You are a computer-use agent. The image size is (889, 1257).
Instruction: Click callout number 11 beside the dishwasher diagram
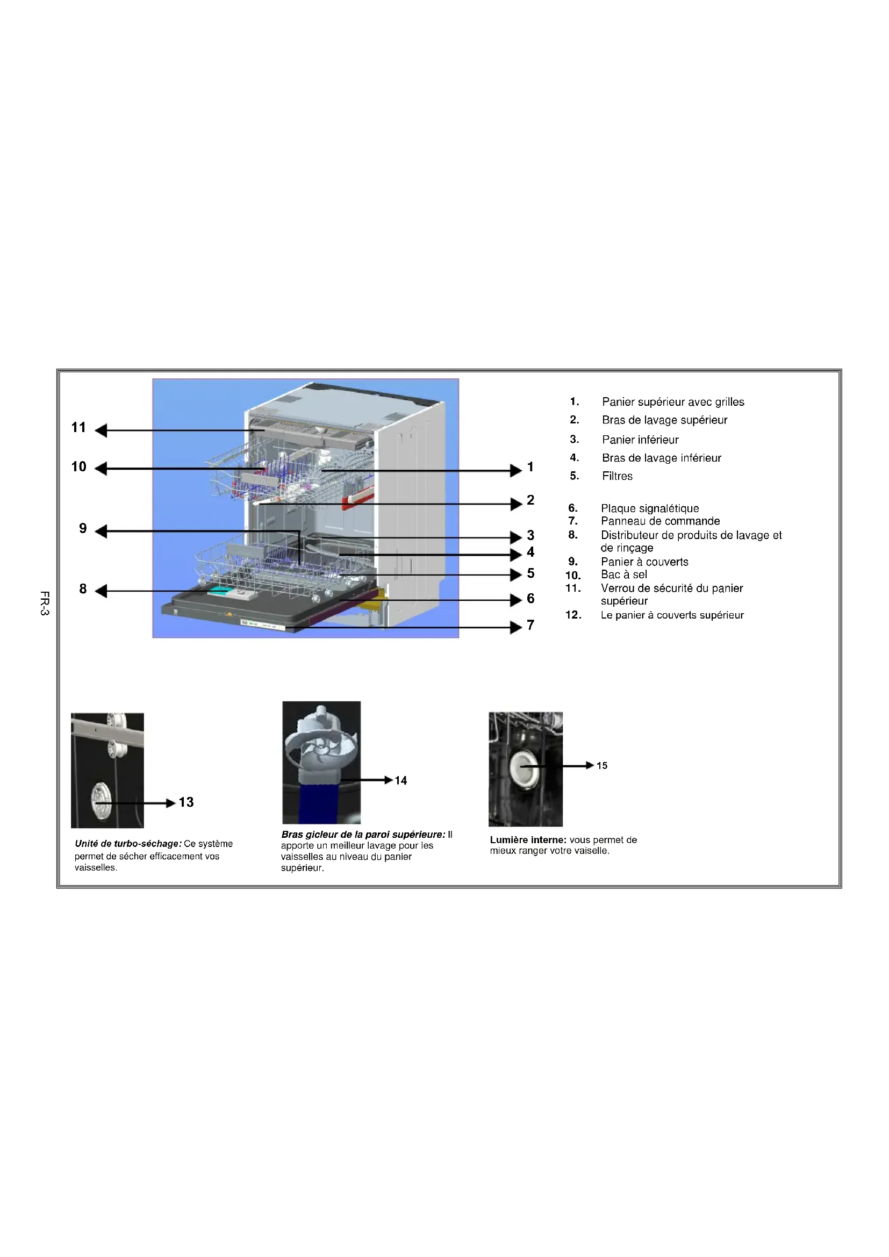point(79,428)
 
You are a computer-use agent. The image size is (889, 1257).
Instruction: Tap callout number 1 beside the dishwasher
point(530,467)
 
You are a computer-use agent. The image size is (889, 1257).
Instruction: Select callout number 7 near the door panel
point(530,625)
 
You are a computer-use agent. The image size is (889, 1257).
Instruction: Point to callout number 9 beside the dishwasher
point(83,528)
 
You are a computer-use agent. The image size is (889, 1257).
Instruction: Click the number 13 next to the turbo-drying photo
point(186,802)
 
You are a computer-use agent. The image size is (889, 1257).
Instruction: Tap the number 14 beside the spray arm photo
point(401,781)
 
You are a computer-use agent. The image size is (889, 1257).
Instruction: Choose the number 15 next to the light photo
point(602,766)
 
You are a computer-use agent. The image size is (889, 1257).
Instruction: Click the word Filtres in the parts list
point(617,476)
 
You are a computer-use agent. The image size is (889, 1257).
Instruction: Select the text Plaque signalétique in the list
point(649,508)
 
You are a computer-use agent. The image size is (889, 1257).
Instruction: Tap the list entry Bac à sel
point(623,574)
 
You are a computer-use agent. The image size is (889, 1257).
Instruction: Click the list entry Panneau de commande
point(660,521)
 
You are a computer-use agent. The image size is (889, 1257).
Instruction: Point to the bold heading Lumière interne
point(528,840)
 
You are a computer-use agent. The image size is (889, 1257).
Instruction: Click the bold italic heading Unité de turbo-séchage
point(128,844)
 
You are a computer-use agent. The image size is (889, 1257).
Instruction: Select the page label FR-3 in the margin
point(45,604)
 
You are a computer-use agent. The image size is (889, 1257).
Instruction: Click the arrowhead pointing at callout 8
point(101,591)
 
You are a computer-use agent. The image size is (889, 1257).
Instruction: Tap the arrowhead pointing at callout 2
point(515,504)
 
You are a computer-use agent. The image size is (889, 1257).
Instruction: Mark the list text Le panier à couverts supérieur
point(672,615)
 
